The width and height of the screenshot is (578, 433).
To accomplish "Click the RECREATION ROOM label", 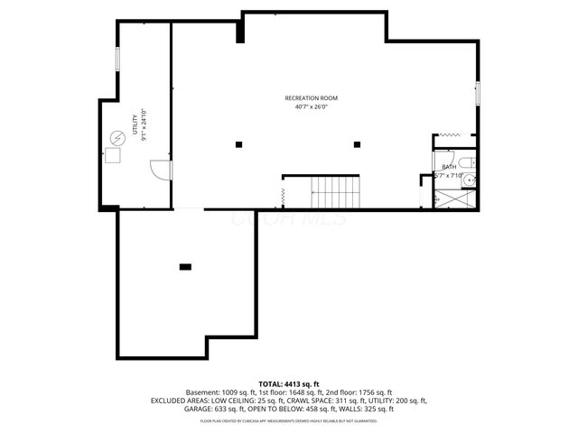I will tap(311, 97).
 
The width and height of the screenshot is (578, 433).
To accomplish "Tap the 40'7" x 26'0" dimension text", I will tap(311, 106).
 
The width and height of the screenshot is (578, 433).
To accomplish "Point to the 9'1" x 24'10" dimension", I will tap(143, 125).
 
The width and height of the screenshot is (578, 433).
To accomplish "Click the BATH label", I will tap(448, 167).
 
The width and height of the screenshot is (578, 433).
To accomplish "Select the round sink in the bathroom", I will tap(468, 180).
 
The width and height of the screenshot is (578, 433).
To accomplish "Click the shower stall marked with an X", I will tap(454, 197).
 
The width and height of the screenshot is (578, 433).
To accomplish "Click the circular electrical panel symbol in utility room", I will tap(115, 137).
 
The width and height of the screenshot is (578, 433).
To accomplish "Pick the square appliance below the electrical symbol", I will tap(114, 155).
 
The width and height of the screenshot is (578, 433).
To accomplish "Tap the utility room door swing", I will tap(159, 169).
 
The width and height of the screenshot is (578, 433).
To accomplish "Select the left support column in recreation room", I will tap(238, 144).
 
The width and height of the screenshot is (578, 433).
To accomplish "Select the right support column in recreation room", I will tap(357, 144).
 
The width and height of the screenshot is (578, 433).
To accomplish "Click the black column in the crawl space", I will tap(185, 266).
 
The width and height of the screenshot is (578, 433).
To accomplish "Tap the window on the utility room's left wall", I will tap(117, 58).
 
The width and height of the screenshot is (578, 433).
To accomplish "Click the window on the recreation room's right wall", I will tap(478, 94).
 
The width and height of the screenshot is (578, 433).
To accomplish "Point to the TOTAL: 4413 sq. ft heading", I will tap(289, 384).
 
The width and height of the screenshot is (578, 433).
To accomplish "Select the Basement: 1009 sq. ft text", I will tap(221, 392).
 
